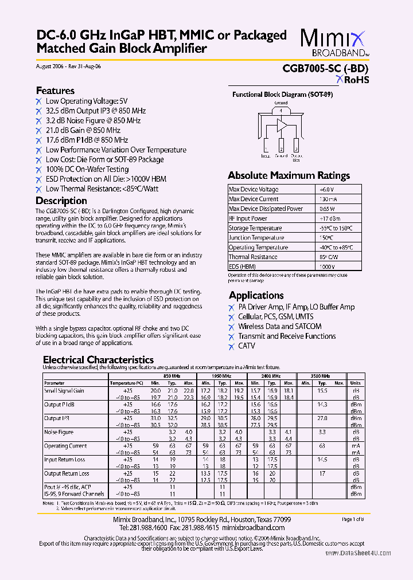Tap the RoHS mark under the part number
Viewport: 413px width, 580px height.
pos(352,80)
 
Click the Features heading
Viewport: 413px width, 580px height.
pos(55,91)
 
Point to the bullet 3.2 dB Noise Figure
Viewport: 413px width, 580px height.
pos(93,121)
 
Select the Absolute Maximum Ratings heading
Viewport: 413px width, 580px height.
pos(288,175)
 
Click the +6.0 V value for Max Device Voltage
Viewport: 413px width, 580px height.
pos(326,189)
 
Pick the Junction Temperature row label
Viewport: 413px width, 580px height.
pos(255,238)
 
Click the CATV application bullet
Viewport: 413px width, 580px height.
pos(247,346)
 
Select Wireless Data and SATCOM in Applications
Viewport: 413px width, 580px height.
pos(280,327)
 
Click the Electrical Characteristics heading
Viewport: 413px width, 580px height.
pos(99,360)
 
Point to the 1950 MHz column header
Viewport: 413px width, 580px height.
pos(221,375)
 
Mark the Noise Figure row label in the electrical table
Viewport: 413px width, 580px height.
pos(59,432)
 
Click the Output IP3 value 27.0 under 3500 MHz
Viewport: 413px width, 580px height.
pos(322,418)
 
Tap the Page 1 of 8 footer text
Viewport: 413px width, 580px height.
pos(356,519)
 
